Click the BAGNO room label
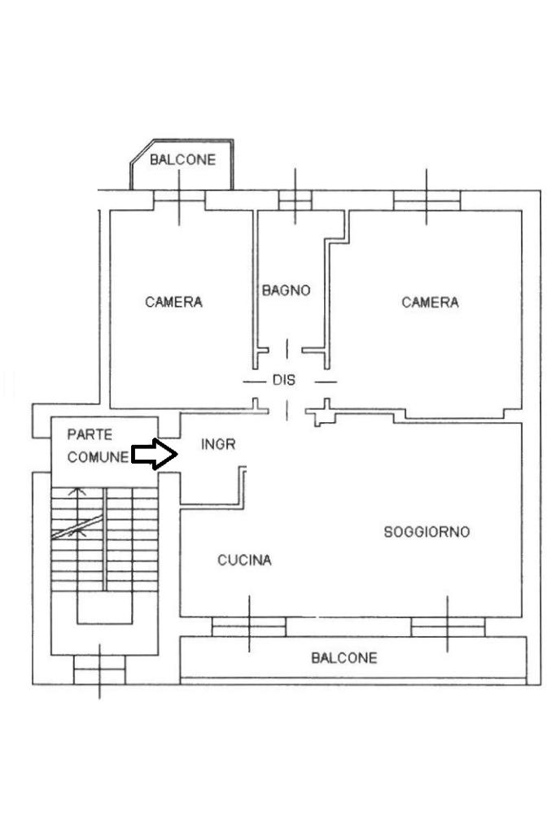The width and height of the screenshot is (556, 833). click(x=286, y=290)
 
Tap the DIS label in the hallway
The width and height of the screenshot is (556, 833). click(x=284, y=380)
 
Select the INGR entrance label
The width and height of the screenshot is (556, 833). click(x=218, y=444)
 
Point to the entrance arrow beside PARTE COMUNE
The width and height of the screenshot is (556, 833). click(x=155, y=455)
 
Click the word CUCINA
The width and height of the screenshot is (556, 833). click(x=244, y=560)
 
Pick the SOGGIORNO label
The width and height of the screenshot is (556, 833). click(x=427, y=532)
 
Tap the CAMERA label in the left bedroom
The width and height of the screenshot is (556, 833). click(x=173, y=302)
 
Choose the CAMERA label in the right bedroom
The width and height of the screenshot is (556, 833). click(x=430, y=303)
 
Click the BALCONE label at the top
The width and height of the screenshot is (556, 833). click(x=182, y=160)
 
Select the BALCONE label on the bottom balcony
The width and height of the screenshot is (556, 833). click(x=344, y=658)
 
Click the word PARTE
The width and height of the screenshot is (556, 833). click(x=90, y=435)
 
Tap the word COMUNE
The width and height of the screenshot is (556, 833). click(x=98, y=457)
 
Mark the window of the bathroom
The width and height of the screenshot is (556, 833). click(x=295, y=199)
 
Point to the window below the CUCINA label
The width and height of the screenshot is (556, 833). click(x=249, y=626)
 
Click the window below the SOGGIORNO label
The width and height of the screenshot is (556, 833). click(x=448, y=626)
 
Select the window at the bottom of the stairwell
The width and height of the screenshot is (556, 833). click(x=99, y=669)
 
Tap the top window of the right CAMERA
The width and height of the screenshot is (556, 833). click(x=427, y=199)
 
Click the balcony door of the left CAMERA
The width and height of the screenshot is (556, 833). click(x=179, y=199)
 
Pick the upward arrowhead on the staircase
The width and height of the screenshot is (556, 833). click(x=78, y=491)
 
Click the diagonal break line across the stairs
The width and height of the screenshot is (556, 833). click(x=77, y=527)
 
